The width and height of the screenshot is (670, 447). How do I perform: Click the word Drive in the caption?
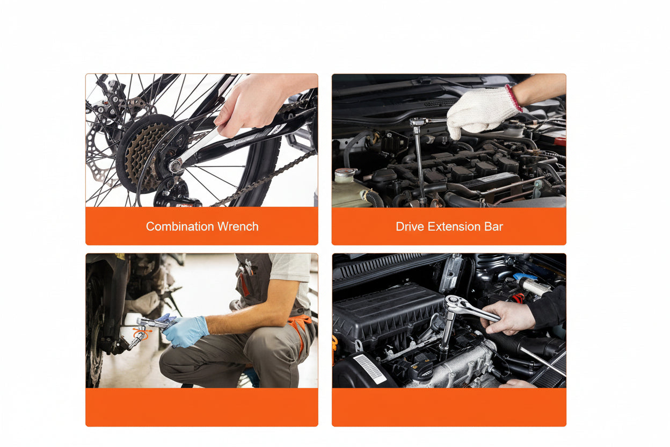[x=410, y=226]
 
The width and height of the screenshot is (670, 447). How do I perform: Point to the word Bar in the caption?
[x=493, y=226]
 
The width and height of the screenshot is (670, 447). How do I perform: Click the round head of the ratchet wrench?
[x=453, y=304]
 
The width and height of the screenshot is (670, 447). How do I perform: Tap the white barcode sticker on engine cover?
[x=369, y=368]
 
